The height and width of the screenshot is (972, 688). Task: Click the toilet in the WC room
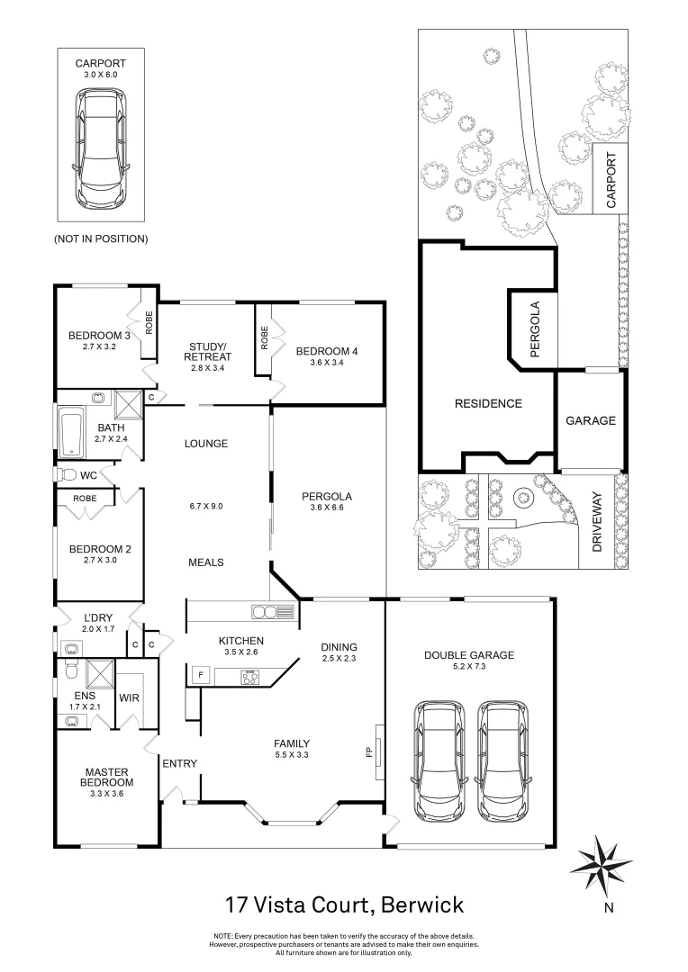click(x=67, y=473)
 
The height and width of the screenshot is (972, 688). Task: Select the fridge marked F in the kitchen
click(x=200, y=673)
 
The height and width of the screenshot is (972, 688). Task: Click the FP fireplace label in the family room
click(x=369, y=750)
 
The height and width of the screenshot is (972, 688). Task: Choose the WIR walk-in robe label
click(x=128, y=697)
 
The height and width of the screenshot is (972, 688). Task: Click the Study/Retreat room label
click(x=207, y=351)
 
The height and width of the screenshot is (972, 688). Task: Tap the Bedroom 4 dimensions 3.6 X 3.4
click(x=327, y=364)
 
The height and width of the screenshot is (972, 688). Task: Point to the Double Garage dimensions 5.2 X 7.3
click(x=468, y=668)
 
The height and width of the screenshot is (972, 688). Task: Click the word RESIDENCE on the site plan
click(x=486, y=403)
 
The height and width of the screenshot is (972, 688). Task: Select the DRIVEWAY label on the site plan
click(x=595, y=530)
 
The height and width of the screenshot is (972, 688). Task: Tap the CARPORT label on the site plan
click(x=611, y=180)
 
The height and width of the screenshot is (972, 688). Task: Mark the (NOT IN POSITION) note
click(x=101, y=238)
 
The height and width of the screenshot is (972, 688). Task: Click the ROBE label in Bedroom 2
click(x=86, y=498)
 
